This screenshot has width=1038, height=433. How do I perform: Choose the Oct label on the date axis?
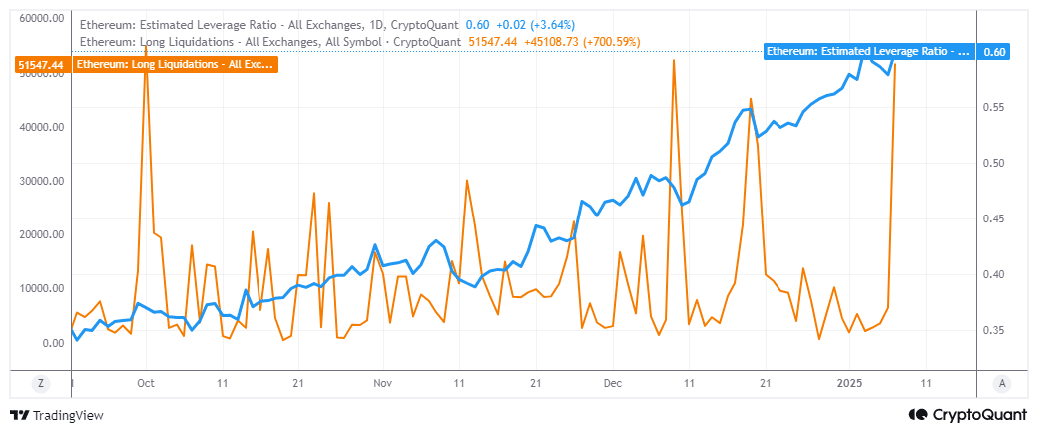[145, 382]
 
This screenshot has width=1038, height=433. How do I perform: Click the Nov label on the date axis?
[380, 382]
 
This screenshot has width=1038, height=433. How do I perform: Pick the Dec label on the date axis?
[613, 382]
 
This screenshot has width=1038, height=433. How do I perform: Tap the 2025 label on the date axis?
[850, 382]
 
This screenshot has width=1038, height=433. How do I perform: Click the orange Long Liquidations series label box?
[175, 64]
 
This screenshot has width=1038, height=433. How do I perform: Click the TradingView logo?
[57, 415]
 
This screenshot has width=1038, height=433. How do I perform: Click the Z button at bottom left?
[41, 383]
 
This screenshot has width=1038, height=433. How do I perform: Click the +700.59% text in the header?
[605, 41]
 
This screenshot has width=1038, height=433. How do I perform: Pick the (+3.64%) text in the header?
[549, 23]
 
